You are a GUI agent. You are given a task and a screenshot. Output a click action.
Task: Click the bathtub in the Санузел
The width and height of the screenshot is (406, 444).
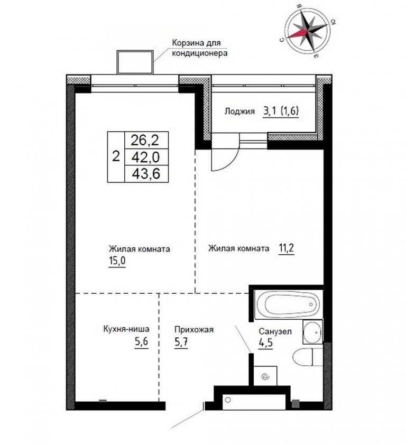point(288,304)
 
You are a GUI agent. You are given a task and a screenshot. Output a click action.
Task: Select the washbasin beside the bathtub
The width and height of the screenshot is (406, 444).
point(312,331)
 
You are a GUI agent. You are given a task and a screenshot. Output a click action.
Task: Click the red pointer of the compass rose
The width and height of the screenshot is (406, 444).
point(298,33)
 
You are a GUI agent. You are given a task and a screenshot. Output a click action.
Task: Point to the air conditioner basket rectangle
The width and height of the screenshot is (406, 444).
point(135,62)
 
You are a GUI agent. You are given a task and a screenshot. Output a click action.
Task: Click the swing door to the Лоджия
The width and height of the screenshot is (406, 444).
point(225,152)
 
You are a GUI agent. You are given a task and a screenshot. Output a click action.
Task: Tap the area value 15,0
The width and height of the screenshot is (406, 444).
point(117,261)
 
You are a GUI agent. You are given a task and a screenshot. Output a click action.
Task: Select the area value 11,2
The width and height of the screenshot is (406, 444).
point(287,248)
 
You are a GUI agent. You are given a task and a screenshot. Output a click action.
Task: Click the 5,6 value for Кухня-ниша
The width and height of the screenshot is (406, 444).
point(141,341)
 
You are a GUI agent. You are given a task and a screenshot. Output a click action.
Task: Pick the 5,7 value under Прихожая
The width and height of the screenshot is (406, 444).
point(181,342)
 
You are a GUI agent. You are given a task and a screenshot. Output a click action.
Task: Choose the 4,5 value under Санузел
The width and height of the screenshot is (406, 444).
point(265,343)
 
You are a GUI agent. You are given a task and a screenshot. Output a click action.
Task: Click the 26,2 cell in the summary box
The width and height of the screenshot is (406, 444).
point(146,140)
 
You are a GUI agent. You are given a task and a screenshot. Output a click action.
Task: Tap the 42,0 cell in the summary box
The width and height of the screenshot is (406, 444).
point(146,157)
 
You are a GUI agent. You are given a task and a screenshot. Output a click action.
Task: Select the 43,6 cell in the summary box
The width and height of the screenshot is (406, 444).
point(146,173)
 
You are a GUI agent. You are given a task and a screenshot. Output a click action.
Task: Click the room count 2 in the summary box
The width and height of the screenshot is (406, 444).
point(116,156)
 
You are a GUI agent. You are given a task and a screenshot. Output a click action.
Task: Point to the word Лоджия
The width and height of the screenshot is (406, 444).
point(239,112)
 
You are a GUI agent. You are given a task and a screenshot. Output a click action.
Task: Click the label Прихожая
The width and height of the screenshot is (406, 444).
point(194,330)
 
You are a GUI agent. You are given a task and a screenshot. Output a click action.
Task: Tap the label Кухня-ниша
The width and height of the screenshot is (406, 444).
point(126,329)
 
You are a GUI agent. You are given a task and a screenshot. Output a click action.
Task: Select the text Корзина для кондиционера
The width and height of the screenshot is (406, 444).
point(200,48)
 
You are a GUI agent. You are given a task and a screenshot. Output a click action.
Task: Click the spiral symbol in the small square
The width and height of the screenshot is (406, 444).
point(265,376)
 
